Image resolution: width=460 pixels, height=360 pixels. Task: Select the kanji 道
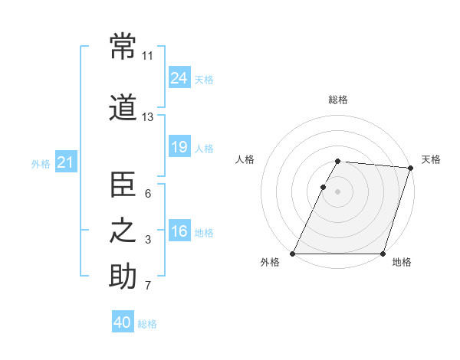[x=123, y=108]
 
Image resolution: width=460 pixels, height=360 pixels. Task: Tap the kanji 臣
[x=123, y=185]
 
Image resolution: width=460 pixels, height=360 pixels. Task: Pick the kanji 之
[x=123, y=231]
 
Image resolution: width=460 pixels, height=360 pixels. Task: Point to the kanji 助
[x=123, y=277]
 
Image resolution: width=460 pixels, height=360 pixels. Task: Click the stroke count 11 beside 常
[x=148, y=56]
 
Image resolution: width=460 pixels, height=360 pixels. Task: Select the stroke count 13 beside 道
[x=148, y=117]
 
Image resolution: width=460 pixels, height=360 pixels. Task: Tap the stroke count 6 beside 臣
[x=148, y=194]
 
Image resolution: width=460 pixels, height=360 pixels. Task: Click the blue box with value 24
[x=179, y=78]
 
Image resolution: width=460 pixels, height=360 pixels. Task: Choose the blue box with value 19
[x=179, y=147]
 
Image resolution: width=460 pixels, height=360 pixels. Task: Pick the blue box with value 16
[x=179, y=231]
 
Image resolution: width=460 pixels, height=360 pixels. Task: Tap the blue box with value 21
[x=65, y=162]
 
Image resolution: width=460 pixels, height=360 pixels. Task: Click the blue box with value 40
[x=123, y=322]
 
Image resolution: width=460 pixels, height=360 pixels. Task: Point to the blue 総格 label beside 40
[x=148, y=324]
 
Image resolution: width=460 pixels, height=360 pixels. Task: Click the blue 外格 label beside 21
[x=41, y=164]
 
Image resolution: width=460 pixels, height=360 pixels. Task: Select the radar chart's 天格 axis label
[x=431, y=159]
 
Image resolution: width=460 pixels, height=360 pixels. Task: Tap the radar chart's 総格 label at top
[x=338, y=100]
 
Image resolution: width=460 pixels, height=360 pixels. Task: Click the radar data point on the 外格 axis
[x=293, y=254]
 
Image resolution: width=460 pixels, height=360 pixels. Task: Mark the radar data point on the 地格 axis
[x=383, y=254]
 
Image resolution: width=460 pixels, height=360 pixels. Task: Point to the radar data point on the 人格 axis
[x=324, y=187]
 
